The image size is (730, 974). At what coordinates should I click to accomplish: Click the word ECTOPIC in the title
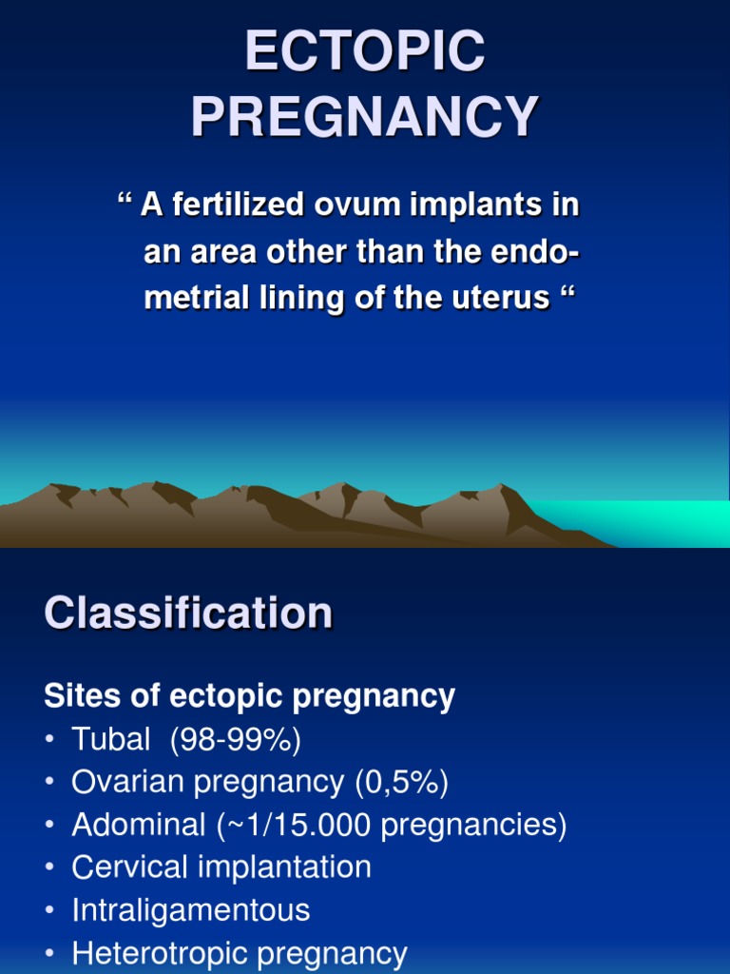pos(365,52)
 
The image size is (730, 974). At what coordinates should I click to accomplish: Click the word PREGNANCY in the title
pos(365,117)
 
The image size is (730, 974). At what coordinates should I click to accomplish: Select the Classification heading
pos(188,613)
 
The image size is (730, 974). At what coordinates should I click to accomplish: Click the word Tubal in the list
pos(111,739)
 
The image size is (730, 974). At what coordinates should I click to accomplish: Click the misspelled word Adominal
pos(138,825)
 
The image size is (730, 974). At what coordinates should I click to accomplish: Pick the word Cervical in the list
pos(131,867)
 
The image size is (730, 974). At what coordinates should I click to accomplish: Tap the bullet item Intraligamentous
pos(191,910)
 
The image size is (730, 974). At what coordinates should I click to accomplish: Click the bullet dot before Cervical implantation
pos(49,868)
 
